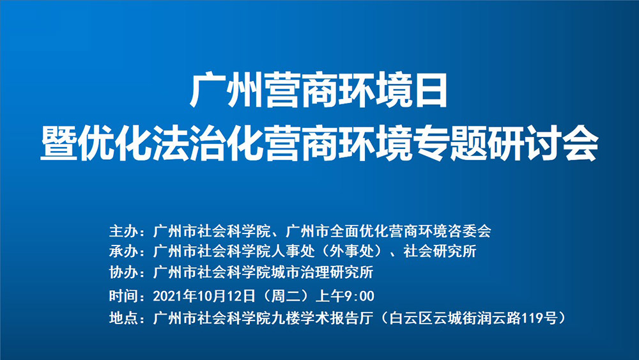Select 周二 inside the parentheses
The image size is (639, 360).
pyautogui.click(x=285, y=295)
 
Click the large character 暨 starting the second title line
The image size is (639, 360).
pyautogui.click(x=59, y=143)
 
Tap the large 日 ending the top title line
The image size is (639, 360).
pyautogui.click(x=430, y=90)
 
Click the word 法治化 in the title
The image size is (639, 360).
pyautogui.click(x=208, y=143)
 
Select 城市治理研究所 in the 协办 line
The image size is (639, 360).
pyautogui.click(x=322, y=272)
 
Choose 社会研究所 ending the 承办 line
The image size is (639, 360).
pyautogui.click(x=440, y=251)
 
